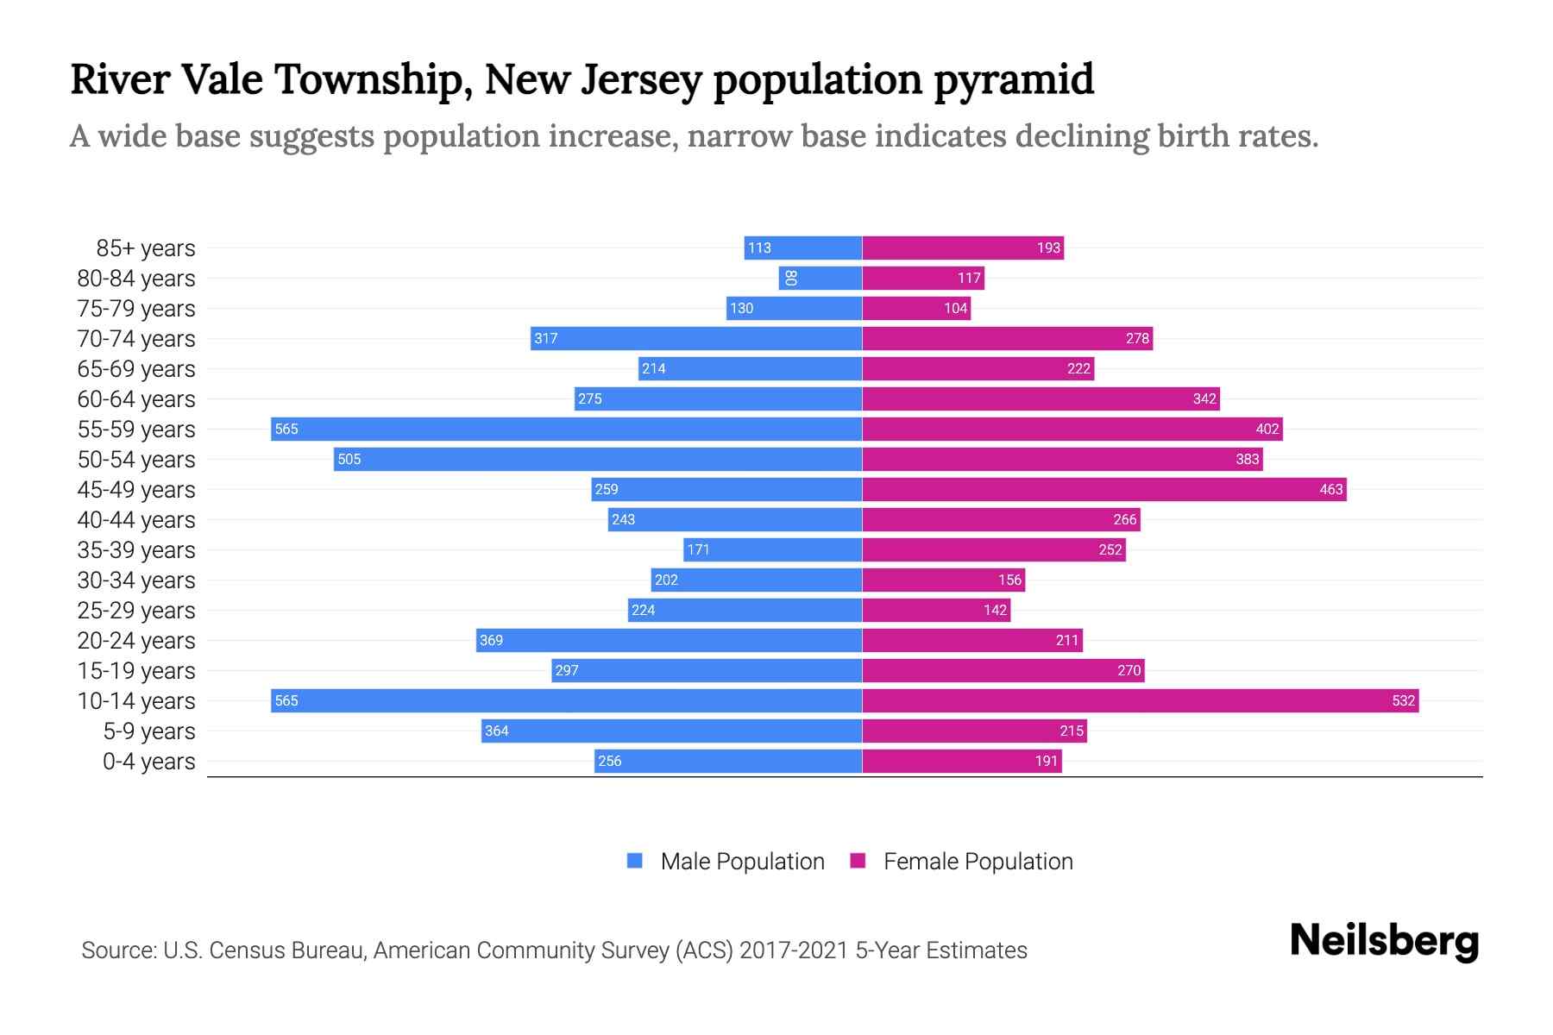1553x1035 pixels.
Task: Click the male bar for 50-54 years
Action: [x=598, y=459]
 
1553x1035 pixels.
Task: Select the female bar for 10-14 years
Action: [x=1140, y=700]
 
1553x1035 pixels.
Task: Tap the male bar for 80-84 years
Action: [x=821, y=278]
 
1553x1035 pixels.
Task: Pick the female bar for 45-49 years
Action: [x=1103, y=489]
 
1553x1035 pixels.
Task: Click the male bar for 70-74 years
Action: [x=696, y=338]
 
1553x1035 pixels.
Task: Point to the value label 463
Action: [x=1330, y=489]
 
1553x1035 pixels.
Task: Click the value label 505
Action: [x=349, y=459]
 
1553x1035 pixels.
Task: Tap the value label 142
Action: [x=995, y=610]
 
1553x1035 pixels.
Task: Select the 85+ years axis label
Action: [x=146, y=248]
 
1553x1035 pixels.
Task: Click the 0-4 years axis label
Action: [x=148, y=762]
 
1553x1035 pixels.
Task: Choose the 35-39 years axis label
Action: [x=136, y=550]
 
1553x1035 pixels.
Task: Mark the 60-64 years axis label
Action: [x=136, y=399]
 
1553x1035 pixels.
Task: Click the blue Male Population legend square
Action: [x=635, y=861]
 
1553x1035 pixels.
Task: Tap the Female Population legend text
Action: [x=978, y=861]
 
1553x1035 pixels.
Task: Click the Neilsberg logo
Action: [x=1384, y=941]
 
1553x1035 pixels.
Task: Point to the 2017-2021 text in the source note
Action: [x=794, y=950]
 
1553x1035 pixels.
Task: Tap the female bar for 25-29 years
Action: [x=936, y=610]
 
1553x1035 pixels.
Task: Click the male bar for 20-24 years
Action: [x=669, y=640]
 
